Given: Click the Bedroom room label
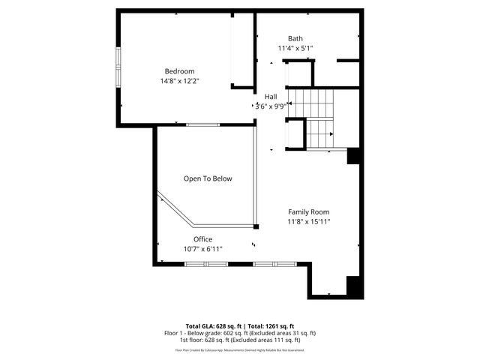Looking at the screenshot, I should coord(179,71).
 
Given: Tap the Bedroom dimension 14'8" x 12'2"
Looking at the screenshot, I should coord(179,81).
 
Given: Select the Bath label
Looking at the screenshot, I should coord(295,38).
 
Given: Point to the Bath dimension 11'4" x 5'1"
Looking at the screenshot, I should coord(295,48).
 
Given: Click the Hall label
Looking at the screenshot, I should coord(271,97).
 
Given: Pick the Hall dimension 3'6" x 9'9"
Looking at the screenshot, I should coord(271,106).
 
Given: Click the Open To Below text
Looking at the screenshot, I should coord(208,179).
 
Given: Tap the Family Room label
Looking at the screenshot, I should coord(308,212).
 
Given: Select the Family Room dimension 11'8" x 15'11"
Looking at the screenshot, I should coord(308,222).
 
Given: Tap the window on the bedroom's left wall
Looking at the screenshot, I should coord(118,69).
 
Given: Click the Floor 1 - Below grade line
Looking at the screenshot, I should coord(240,333).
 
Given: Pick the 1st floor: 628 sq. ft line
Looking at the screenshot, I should coord(240,340).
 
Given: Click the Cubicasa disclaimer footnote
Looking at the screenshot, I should coord(240,349).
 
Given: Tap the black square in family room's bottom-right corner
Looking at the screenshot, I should coord(353,286).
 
